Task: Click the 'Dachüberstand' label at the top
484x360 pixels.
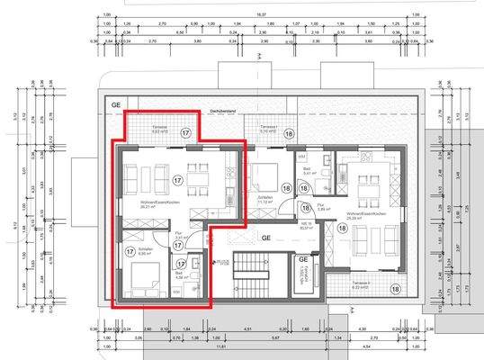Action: (221, 110)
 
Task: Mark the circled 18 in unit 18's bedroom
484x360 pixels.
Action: (286, 188)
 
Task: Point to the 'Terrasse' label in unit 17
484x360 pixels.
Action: (158, 127)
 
